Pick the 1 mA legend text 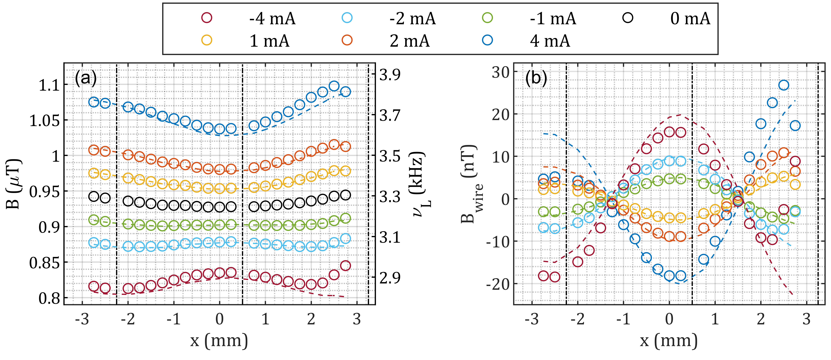point(269,41)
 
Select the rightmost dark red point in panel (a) point(345,265)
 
